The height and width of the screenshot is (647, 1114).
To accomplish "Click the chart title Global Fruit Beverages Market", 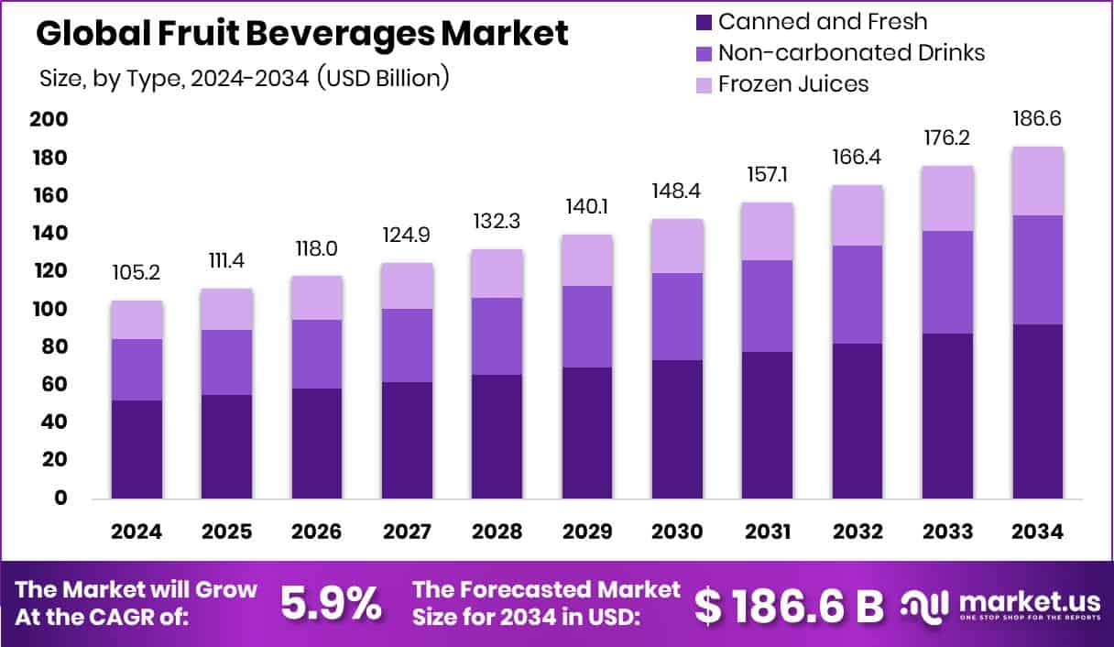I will pos(302,33).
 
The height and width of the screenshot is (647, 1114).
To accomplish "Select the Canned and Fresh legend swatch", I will pos(704,21).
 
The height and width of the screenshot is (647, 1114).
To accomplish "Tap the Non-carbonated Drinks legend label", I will pos(851,52).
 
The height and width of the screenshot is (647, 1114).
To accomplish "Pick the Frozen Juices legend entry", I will pos(792,84).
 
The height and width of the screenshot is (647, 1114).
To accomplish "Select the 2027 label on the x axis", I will pos(407,532).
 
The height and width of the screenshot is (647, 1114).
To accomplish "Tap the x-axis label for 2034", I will pos(1038,532).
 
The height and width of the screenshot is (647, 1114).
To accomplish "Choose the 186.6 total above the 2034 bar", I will pos(1038,119).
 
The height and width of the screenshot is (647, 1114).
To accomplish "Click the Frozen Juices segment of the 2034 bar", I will pos(1038,181).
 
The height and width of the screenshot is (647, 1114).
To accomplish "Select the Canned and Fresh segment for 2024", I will pos(137,449).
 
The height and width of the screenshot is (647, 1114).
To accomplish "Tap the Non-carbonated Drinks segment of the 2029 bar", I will pos(587,326).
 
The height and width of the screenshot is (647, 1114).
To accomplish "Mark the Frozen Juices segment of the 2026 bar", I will pos(317,298).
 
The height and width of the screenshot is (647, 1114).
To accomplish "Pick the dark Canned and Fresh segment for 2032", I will pos(857,421).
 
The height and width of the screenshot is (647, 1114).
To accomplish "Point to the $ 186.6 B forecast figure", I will pos(789,603).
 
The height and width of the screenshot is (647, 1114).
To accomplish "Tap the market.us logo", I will pos(1000,604).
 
